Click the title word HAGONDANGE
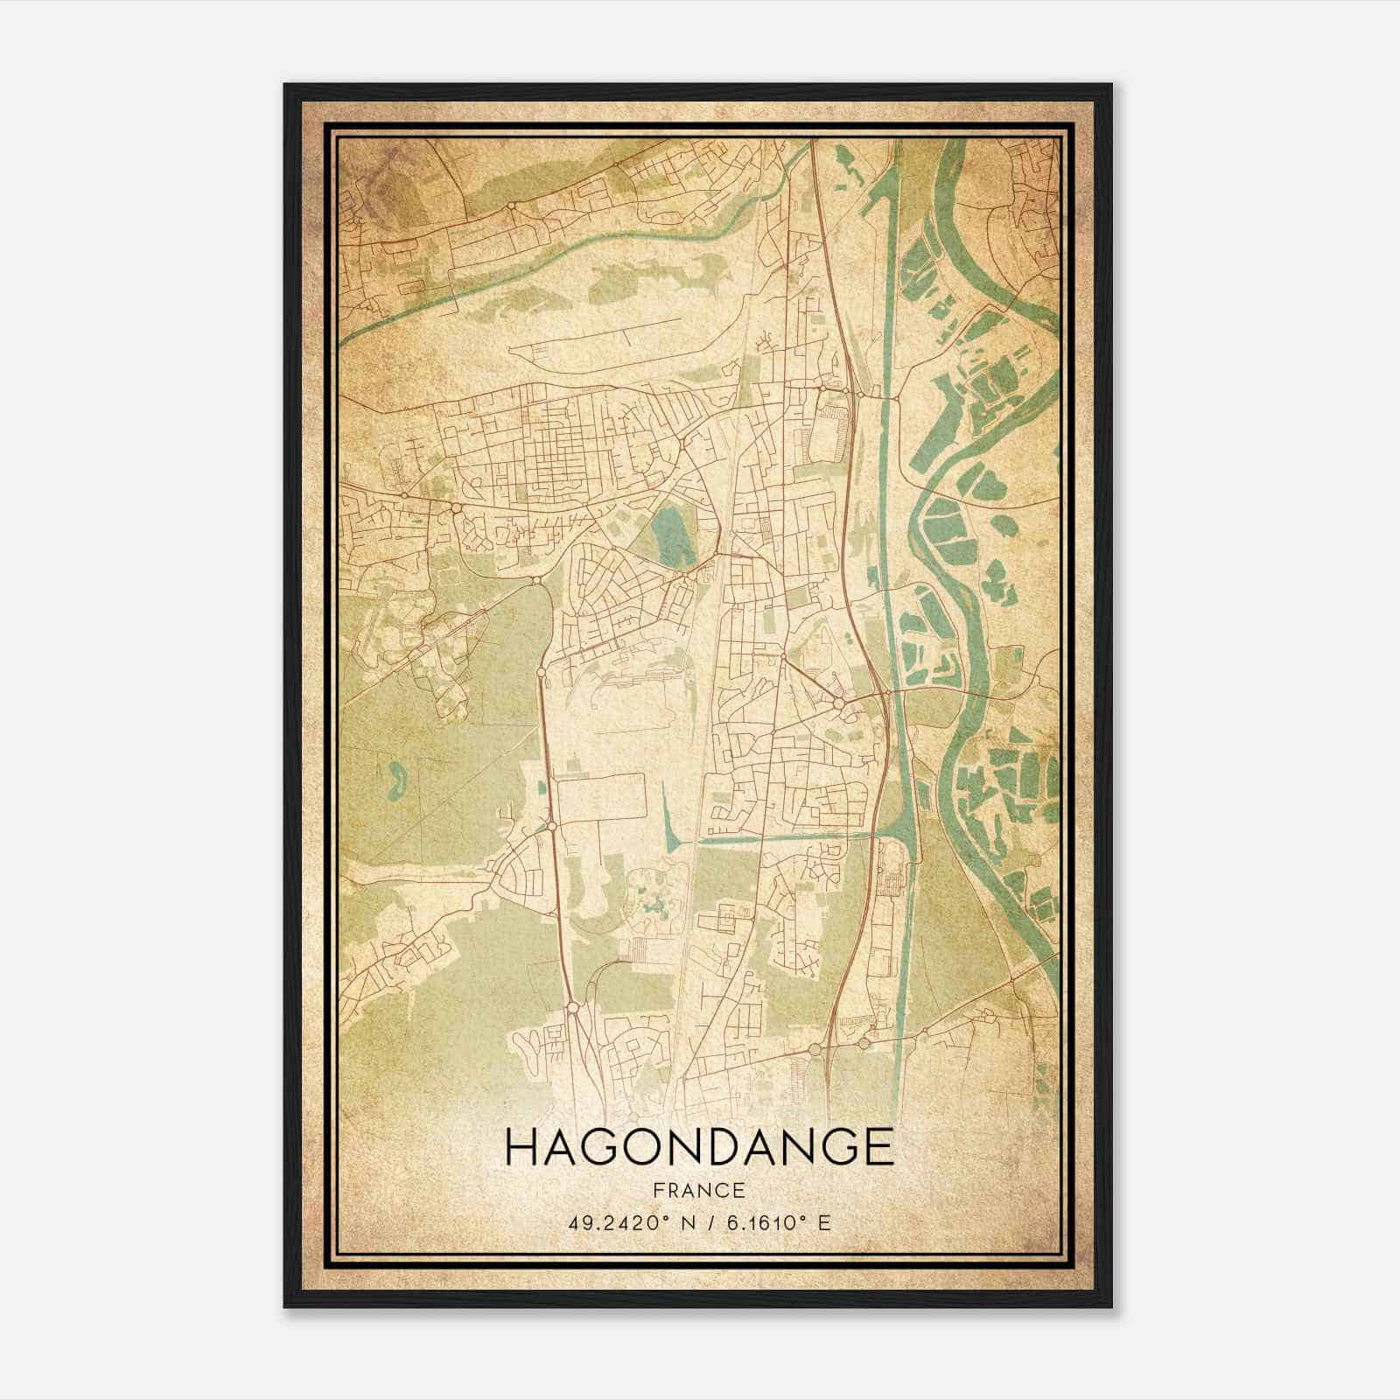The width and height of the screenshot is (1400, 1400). pyautogui.click(x=699, y=1147)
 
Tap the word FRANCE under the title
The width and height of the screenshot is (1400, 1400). pyautogui.click(x=698, y=1190)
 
